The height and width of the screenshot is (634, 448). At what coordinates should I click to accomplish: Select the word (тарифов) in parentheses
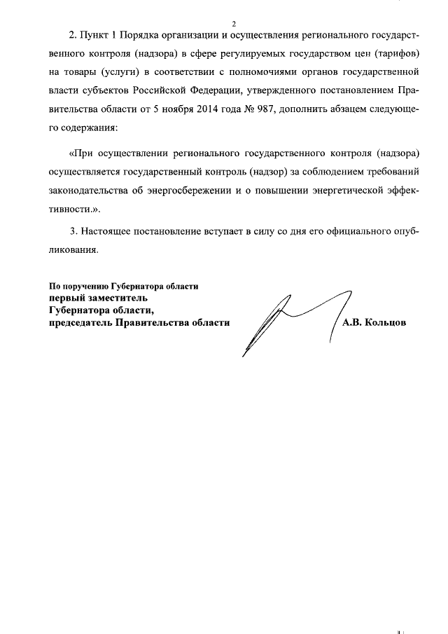(398, 53)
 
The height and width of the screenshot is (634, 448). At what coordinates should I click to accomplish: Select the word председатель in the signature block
(80, 322)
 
